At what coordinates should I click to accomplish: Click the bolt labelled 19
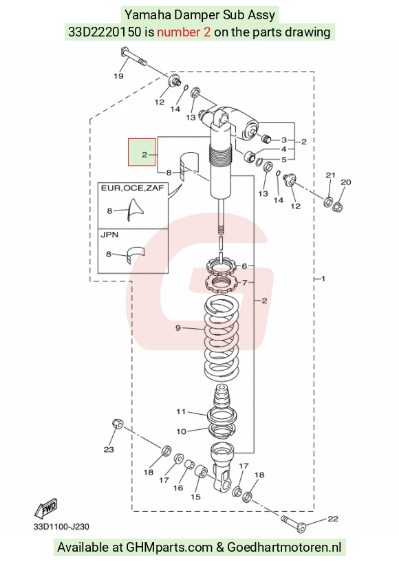[133, 57]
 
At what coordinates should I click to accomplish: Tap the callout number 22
[333, 519]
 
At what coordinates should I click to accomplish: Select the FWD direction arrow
[45, 508]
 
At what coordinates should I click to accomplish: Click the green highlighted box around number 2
[142, 152]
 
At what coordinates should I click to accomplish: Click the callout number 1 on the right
[323, 279]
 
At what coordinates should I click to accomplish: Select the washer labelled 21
[328, 202]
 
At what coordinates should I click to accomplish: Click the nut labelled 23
[118, 424]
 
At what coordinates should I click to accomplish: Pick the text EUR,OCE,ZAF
[132, 188]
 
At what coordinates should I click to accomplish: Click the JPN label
[109, 235]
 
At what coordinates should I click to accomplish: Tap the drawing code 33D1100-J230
[61, 526]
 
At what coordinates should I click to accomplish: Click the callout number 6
[244, 266]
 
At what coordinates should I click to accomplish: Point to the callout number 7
[244, 283]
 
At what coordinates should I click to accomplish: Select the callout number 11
[181, 411]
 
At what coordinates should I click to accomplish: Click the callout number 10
[181, 431]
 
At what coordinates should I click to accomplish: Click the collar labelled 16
[189, 465]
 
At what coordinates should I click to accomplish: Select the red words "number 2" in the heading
[184, 32]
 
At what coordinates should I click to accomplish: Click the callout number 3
[284, 140]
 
